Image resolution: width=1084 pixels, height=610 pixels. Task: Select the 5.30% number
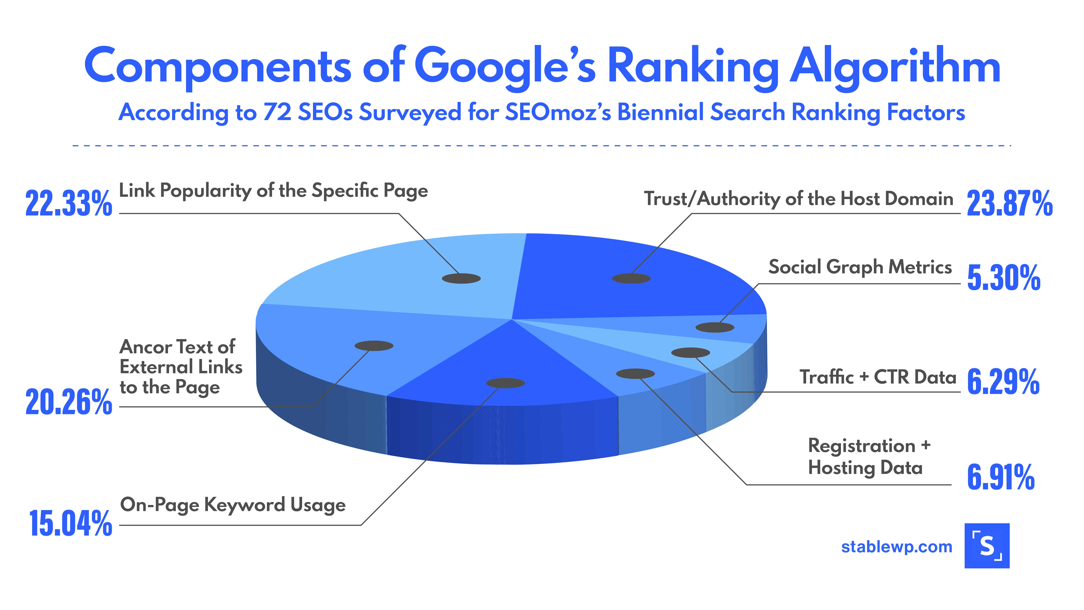pyautogui.click(x=1004, y=278)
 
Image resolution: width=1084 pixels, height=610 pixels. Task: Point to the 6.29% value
pyautogui.click(x=1003, y=381)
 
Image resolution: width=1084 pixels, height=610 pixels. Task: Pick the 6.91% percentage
pyautogui.click(x=1001, y=477)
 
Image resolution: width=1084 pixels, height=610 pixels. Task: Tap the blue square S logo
pyautogui.click(x=987, y=546)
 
